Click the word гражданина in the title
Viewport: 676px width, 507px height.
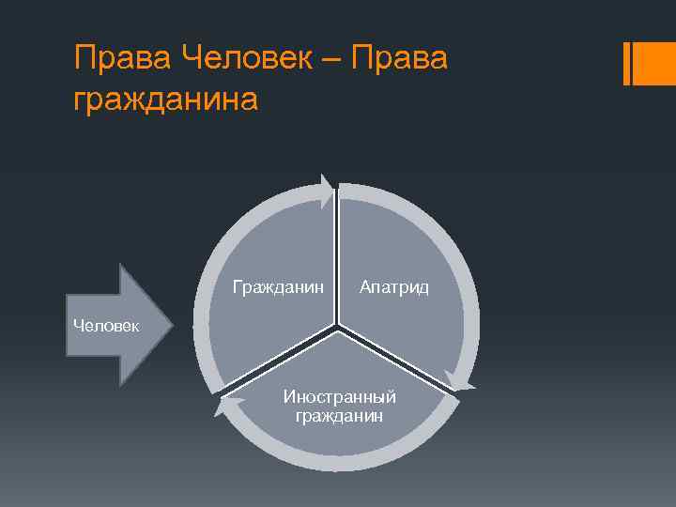coord(165,98)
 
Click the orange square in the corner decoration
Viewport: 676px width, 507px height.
coord(654,63)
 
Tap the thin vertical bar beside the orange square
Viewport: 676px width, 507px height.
coord(627,63)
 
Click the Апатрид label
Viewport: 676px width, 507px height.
coord(394,287)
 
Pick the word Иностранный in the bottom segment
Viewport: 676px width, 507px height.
coord(339,396)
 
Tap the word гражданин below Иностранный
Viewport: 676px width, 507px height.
coord(339,415)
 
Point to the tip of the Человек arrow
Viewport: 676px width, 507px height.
coord(173,325)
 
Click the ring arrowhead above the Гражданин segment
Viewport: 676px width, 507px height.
coord(326,192)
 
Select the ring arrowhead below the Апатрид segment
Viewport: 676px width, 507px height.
coord(460,381)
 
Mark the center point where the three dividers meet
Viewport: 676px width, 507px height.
coord(337,327)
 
